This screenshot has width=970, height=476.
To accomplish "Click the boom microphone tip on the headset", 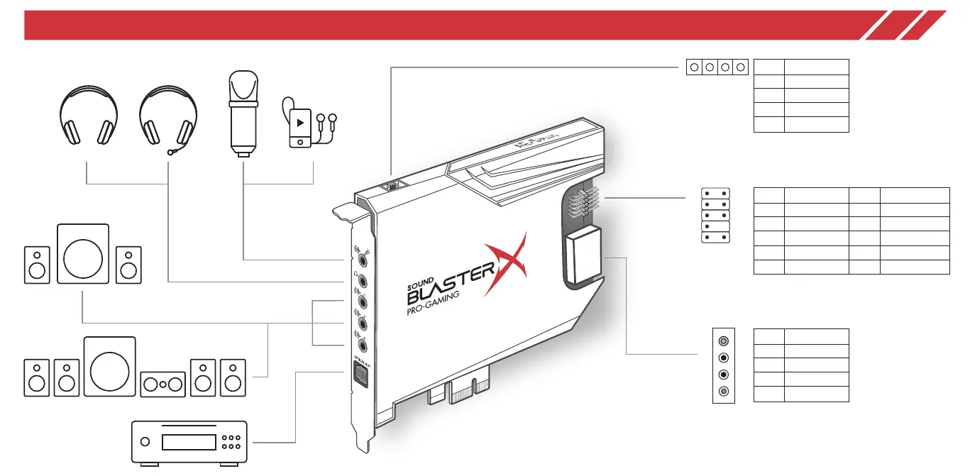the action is (x=170, y=151).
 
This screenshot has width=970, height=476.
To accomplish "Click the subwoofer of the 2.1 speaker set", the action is (x=82, y=253).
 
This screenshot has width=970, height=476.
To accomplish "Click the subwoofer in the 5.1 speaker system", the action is (x=109, y=365).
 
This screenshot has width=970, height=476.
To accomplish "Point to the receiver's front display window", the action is (x=188, y=442).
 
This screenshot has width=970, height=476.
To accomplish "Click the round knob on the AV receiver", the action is (x=145, y=442).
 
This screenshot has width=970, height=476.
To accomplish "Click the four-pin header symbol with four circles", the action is (x=717, y=67).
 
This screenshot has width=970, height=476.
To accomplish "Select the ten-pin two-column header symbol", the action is (x=715, y=215).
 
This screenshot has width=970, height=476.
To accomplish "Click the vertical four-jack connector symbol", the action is (x=723, y=366).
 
